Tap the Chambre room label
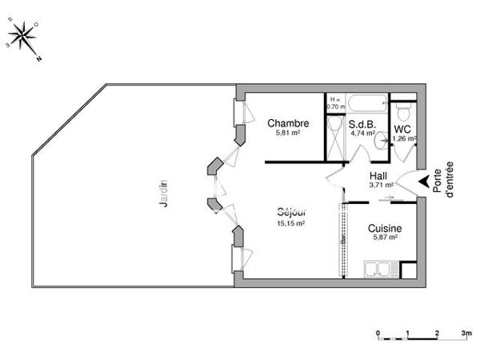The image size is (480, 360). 288,123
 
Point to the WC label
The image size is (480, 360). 403,128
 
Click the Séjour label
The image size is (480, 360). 292,213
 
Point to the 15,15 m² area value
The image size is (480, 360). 292,223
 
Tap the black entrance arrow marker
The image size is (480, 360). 422,183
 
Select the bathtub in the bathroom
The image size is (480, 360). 367,103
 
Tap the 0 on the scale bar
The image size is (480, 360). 378,331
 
